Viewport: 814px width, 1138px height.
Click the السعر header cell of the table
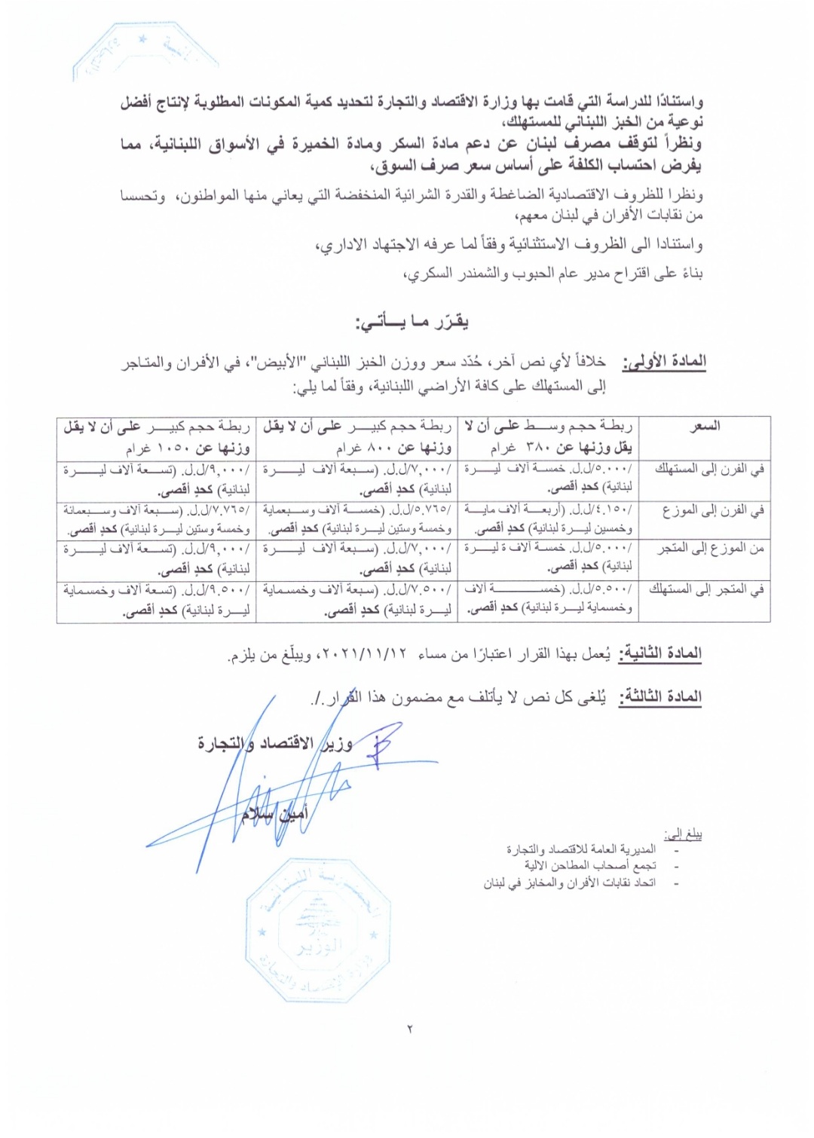705,427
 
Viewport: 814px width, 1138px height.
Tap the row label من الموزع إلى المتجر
711,549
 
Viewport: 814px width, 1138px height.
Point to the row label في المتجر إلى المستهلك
707,589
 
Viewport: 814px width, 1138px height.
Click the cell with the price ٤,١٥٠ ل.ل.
548,519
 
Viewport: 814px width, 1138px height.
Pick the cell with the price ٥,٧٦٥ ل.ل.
357,519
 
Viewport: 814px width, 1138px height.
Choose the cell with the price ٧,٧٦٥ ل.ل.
157,519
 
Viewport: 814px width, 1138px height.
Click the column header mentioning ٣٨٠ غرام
548,437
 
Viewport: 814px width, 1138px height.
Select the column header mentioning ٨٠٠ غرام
357,437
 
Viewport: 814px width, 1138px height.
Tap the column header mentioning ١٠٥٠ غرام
157,437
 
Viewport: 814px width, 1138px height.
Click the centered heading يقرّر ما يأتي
412,323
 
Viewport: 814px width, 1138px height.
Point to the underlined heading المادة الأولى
664,362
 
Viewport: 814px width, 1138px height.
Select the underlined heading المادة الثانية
660,653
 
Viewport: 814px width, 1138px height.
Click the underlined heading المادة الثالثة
660,697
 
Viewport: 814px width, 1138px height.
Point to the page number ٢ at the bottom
410,1029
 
